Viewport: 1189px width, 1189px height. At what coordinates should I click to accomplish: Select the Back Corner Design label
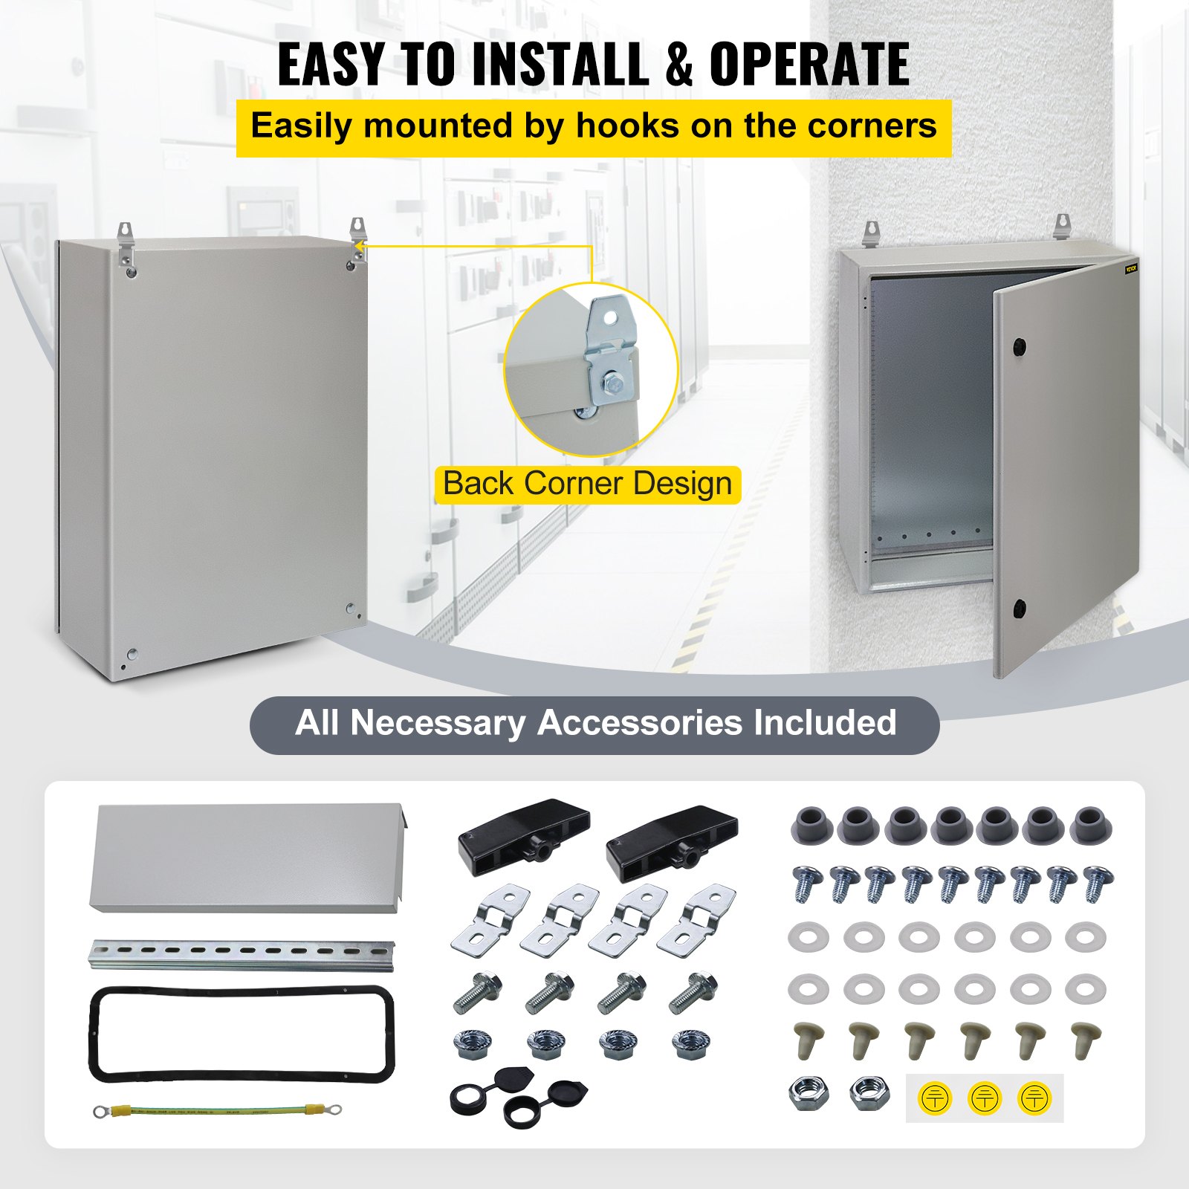[587, 484]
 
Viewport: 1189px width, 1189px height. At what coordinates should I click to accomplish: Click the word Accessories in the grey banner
[639, 723]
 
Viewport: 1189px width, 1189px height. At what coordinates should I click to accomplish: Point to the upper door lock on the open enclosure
[1019, 346]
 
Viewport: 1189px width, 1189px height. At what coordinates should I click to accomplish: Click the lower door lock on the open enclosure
[1019, 610]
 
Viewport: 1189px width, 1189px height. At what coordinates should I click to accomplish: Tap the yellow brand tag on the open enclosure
[1131, 268]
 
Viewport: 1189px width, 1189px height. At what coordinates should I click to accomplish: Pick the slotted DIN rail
[242, 953]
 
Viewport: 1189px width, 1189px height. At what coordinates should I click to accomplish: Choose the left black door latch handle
[524, 830]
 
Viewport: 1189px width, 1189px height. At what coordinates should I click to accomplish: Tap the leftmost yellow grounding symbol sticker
[935, 1098]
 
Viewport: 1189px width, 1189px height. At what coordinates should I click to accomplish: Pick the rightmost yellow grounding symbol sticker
[1034, 1098]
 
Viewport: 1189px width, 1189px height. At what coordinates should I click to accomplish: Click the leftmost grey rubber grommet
[812, 825]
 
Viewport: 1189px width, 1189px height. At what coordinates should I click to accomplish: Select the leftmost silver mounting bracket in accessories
[490, 919]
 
